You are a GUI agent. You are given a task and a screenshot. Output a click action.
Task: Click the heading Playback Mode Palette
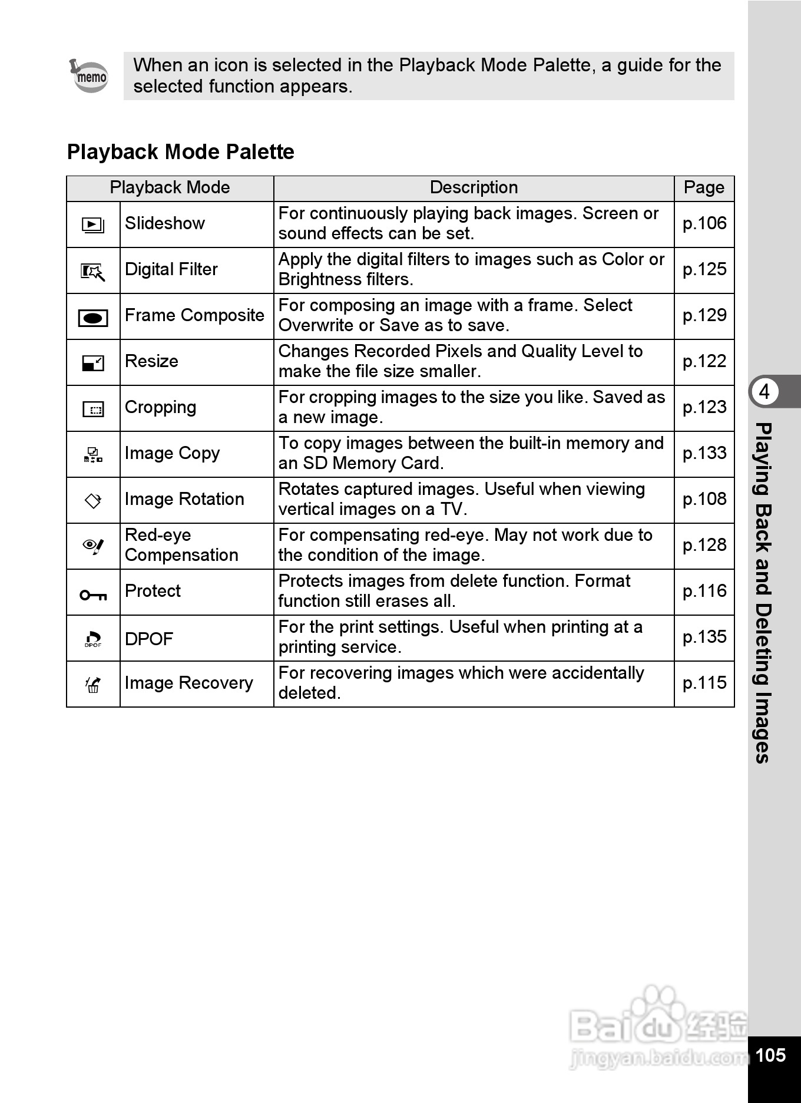click(x=180, y=152)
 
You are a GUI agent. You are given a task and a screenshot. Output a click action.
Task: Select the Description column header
click(x=474, y=188)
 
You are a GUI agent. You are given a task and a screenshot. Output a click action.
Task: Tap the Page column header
click(x=704, y=188)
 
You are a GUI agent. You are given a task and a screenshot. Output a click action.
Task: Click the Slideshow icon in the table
click(x=93, y=224)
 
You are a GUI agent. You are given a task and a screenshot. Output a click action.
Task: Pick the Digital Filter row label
click(x=171, y=269)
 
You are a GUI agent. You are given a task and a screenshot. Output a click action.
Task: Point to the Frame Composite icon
click(x=93, y=318)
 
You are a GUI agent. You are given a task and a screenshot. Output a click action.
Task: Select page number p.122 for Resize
click(x=704, y=361)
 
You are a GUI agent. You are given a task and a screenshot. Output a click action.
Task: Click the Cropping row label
click(x=160, y=407)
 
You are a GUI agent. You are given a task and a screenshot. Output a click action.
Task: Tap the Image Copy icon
click(x=93, y=454)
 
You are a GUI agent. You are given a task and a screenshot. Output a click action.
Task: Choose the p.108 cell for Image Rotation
click(x=704, y=499)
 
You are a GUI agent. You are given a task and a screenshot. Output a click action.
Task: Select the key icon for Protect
click(x=93, y=595)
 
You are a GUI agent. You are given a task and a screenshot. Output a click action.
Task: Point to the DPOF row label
click(x=149, y=639)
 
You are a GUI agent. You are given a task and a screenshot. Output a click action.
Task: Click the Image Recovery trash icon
click(x=93, y=685)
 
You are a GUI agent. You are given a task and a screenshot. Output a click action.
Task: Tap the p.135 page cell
click(x=704, y=637)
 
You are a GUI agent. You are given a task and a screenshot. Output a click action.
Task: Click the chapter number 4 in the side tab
click(x=764, y=391)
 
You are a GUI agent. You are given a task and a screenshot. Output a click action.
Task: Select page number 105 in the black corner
click(x=770, y=1055)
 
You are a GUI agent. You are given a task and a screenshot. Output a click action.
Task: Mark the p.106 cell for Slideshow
click(x=704, y=223)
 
